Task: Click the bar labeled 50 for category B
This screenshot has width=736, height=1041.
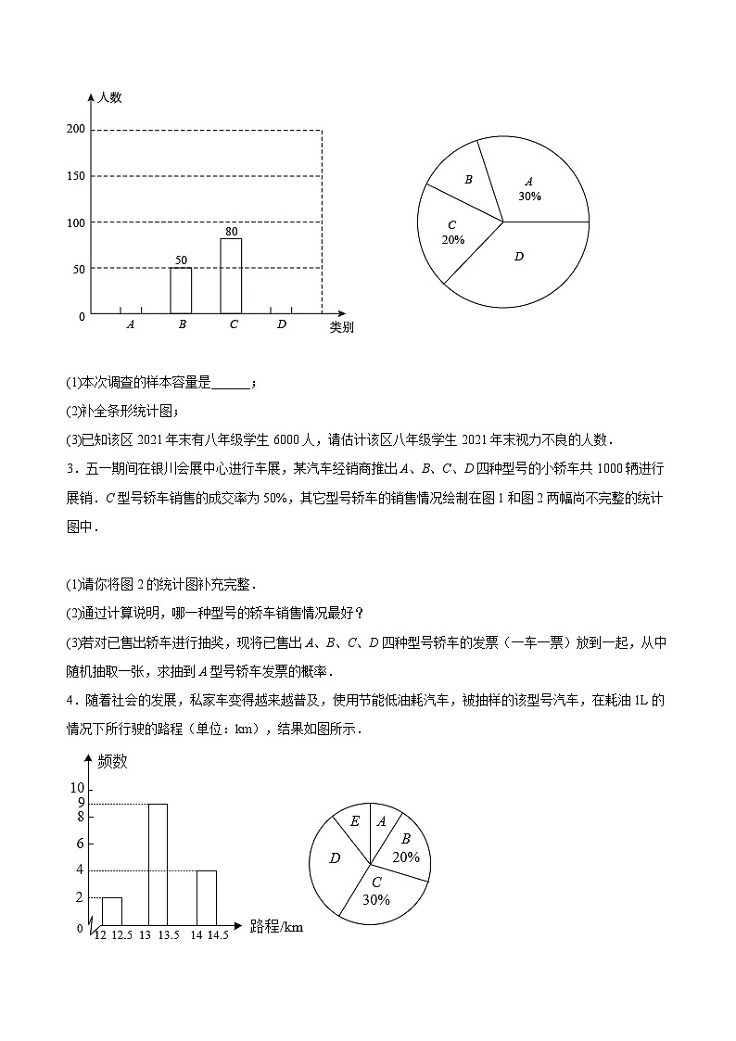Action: click(181, 290)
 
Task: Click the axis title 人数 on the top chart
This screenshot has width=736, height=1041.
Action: click(110, 97)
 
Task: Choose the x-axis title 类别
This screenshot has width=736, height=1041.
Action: click(340, 327)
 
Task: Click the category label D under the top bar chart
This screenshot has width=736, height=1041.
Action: click(281, 324)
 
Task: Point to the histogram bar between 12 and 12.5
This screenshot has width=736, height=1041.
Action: click(111, 911)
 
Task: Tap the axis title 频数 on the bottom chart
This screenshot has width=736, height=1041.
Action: click(113, 762)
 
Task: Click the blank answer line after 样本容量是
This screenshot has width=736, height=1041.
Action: click(231, 382)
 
